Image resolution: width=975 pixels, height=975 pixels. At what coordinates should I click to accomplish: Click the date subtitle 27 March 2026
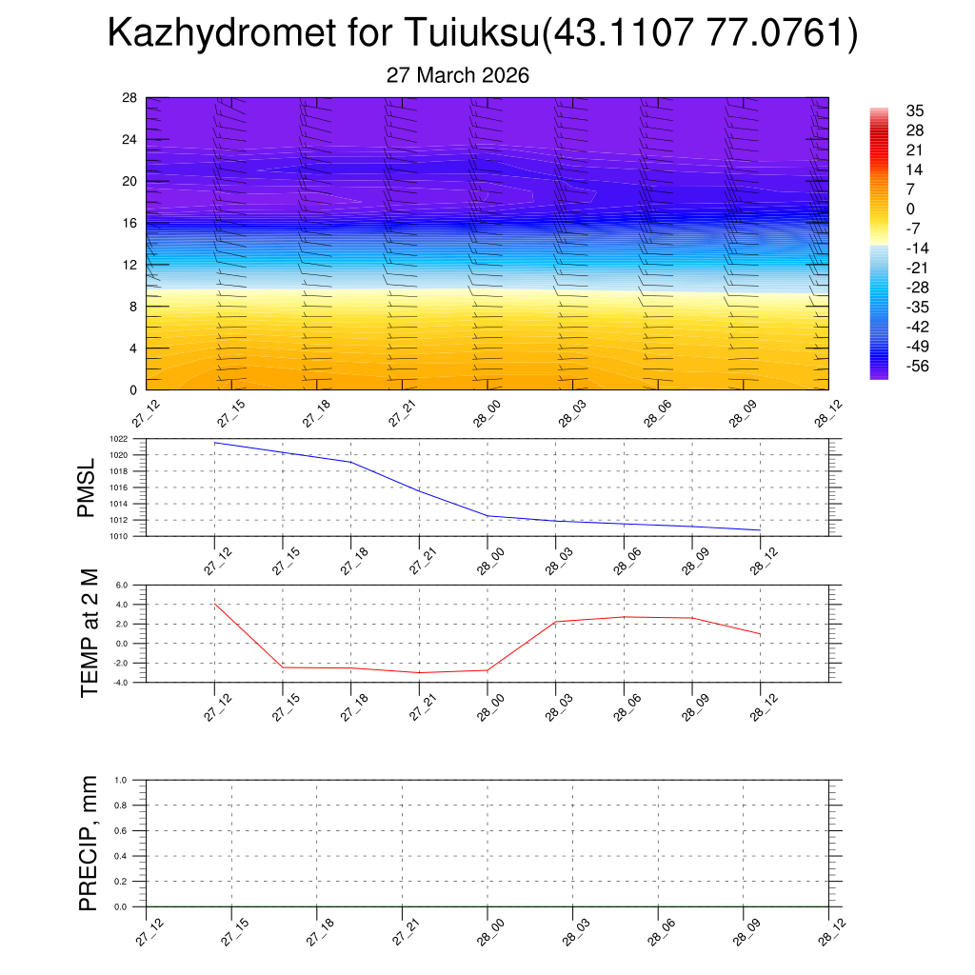pyautogui.click(x=457, y=75)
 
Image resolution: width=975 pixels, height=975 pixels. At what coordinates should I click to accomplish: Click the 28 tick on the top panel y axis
pyautogui.click(x=130, y=98)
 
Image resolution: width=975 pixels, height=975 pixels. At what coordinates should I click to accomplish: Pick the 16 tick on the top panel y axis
pyautogui.click(x=130, y=223)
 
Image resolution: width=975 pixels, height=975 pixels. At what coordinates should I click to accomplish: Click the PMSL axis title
pyautogui.click(x=87, y=487)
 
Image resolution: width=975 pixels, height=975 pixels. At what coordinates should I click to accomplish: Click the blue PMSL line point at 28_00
pyautogui.click(x=487, y=516)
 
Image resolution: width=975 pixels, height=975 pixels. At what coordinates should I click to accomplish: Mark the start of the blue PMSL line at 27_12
pyautogui.click(x=215, y=443)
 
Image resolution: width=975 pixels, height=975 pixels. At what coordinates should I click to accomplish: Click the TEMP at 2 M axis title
pyautogui.click(x=90, y=633)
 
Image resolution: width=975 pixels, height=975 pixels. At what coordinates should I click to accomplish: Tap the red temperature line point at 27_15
pyautogui.click(x=283, y=667)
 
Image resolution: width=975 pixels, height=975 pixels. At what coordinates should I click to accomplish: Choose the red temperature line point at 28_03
pyautogui.click(x=556, y=622)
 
